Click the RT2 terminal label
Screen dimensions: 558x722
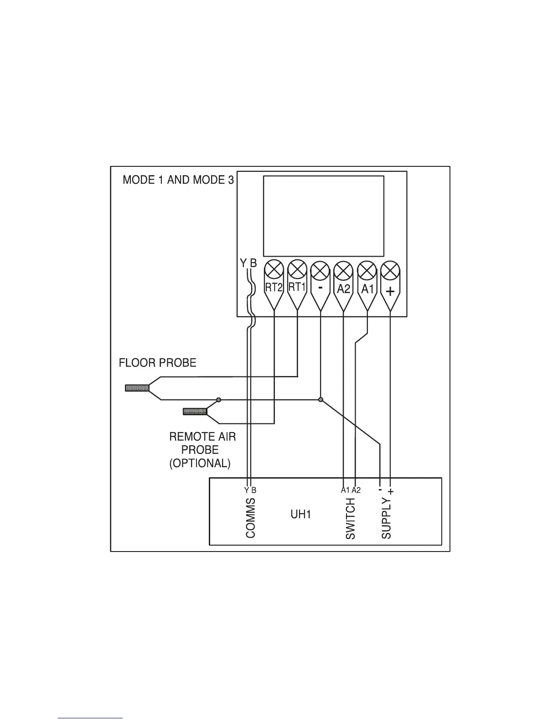[x=274, y=288]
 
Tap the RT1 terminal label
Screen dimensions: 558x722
[x=297, y=287]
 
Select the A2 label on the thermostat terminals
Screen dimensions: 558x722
[x=344, y=289]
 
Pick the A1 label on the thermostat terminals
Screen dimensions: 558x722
[x=367, y=289]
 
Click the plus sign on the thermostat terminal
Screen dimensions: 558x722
[x=390, y=291]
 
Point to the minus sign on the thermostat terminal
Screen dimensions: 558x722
[x=320, y=288]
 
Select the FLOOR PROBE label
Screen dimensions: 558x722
[x=157, y=363]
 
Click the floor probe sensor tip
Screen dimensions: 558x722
[x=137, y=388]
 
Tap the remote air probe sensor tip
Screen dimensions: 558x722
[x=195, y=412]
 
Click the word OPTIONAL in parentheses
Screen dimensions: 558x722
[x=200, y=464]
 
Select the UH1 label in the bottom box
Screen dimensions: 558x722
[x=301, y=515]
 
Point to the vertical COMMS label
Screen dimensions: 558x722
[x=251, y=518]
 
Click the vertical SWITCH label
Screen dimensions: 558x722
[x=350, y=519]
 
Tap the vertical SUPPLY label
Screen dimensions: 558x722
[x=386, y=519]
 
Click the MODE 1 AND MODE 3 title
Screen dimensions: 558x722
[x=178, y=180]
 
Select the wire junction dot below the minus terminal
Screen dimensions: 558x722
[x=320, y=400]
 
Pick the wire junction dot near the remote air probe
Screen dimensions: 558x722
[x=219, y=400]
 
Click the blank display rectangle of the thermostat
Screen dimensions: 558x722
[x=324, y=216]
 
